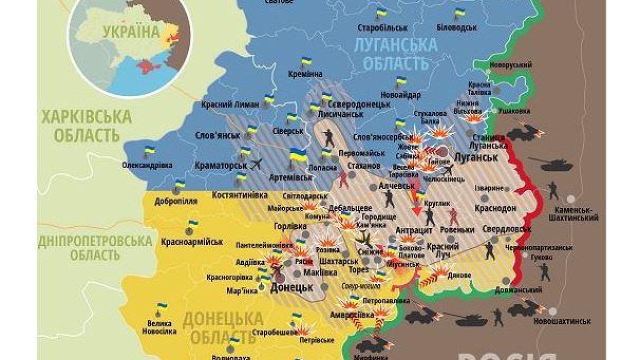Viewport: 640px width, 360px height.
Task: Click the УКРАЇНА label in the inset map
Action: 131,32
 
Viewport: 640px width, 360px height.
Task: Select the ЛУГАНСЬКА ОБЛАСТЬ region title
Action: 395,54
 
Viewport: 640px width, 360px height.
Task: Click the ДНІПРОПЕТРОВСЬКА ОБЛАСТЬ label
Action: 95,247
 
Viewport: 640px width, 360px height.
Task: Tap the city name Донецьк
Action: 291,288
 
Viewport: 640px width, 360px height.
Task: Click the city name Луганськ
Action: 476,157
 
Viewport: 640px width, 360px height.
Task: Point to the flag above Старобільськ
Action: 382,13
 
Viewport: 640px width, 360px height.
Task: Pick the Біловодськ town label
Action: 456,27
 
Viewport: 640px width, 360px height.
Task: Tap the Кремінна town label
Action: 305,74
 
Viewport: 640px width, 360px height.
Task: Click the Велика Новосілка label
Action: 159,327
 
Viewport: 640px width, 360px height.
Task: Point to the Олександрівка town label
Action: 147,165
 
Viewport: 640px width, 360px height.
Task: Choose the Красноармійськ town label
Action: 192,242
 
